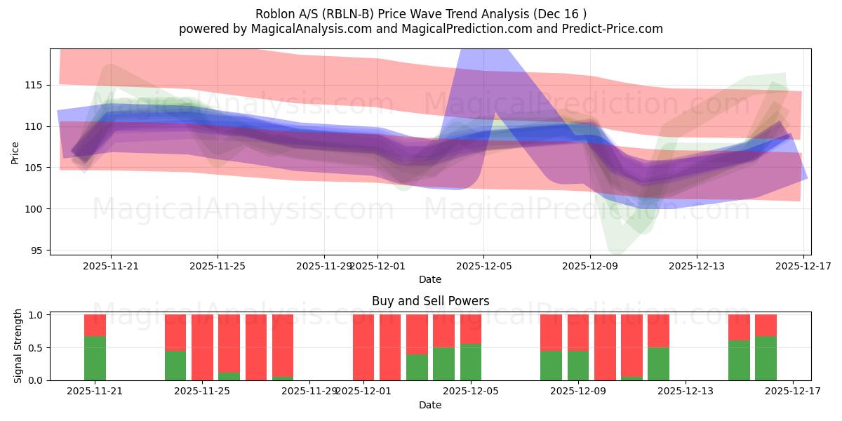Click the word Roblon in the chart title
coord(275,14)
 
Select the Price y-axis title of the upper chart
coord(15,152)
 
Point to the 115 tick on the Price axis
coord(33,85)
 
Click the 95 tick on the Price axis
coord(36,250)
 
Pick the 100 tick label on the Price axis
coord(33,209)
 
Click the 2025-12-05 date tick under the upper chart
coord(483,266)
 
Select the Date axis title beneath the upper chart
coord(429,279)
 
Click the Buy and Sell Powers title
coord(429,301)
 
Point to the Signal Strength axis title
coord(19,347)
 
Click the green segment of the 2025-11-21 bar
coord(95,358)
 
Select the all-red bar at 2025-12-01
coord(363,347)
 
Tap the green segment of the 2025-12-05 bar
coord(471,362)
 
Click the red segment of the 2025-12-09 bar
coord(578,332)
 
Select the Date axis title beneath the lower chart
coord(429,405)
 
